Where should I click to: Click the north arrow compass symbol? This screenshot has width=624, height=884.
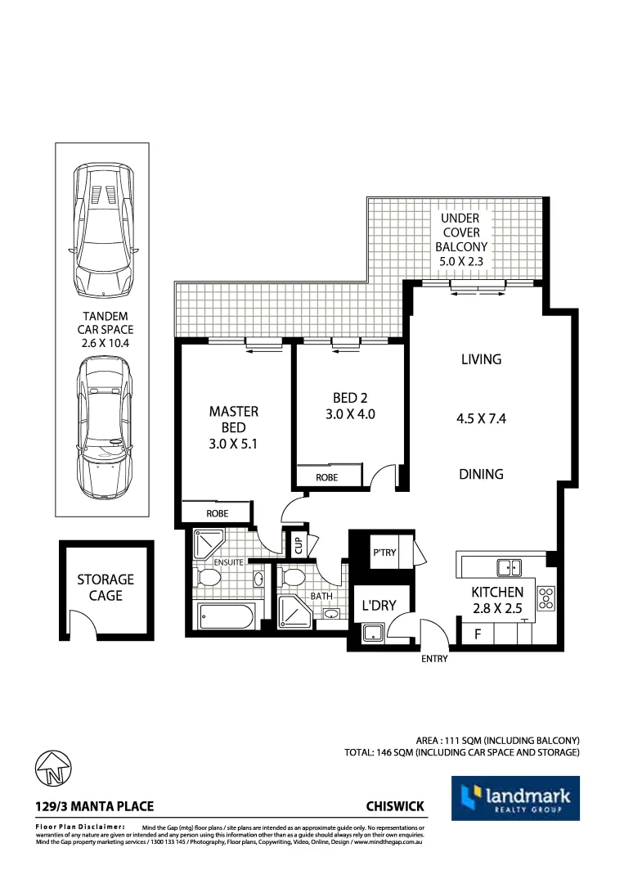[54, 769]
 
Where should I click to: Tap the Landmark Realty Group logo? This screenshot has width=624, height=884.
[515, 798]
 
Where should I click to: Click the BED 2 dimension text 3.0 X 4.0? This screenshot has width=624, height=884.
[350, 414]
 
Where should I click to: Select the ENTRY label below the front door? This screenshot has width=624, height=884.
[434, 659]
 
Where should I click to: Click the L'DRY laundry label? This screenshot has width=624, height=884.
[379, 606]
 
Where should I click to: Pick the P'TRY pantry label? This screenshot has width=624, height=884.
[384, 552]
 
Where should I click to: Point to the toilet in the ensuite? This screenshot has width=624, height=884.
[209, 579]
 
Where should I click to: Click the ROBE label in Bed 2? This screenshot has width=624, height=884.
[326, 476]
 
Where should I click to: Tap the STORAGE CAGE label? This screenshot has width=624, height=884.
[105, 587]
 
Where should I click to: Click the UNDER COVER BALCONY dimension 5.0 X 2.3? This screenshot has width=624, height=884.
[461, 262]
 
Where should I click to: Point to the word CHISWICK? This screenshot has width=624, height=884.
[396, 806]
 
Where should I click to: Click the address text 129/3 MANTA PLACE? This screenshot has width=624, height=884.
[95, 806]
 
